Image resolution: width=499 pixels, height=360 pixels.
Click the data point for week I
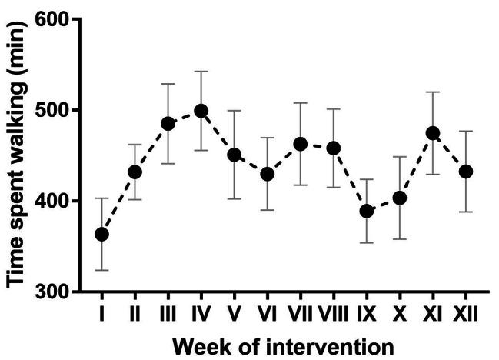[101, 234]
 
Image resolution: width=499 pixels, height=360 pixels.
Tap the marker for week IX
[367, 211]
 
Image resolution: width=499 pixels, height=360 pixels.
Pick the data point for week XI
[433, 133]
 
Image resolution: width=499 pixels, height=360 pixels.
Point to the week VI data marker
[268, 175]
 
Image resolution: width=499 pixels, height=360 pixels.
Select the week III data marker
[168, 123]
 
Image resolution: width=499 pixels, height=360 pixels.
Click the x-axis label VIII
[334, 315]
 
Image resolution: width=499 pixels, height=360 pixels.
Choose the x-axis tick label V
[235, 315]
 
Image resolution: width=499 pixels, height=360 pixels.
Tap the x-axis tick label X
[400, 315]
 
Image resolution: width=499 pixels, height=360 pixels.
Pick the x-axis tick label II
[135, 315]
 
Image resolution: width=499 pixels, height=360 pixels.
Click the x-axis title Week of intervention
[283, 345]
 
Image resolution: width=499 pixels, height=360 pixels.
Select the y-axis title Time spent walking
[17, 154]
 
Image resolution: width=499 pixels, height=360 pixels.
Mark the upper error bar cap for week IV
[201, 72]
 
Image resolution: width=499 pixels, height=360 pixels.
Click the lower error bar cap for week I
[101, 270]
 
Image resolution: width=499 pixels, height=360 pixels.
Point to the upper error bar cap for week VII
[301, 102]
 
